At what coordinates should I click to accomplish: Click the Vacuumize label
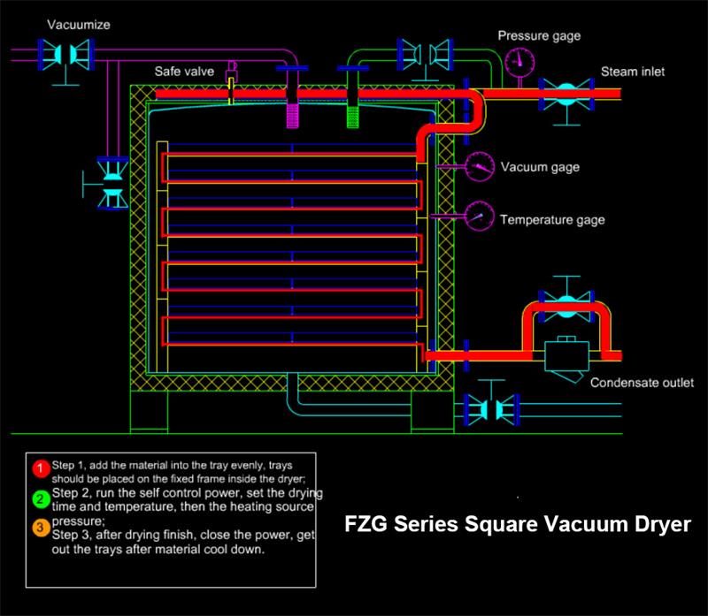(x=78, y=25)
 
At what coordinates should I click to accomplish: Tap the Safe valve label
(x=181, y=72)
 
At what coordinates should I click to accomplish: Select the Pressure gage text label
(x=539, y=36)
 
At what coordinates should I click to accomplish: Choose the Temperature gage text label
(x=552, y=219)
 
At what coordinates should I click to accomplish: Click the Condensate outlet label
(x=642, y=383)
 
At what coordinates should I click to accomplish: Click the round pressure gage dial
(x=520, y=61)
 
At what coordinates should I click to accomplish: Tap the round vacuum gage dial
(x=479, y=165)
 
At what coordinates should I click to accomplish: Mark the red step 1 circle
(x=38, y=467)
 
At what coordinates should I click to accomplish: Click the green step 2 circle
(x=38, y=498)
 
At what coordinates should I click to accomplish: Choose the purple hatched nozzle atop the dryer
(x=294, y=112)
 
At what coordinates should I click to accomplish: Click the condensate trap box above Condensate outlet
(x=567, y=358)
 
